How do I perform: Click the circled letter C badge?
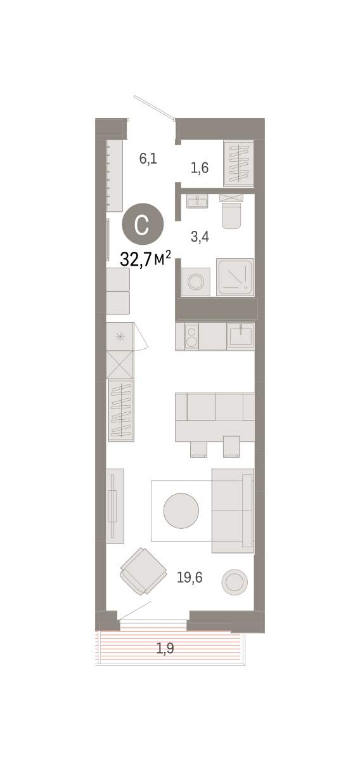(143, 224)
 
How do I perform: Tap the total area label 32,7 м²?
(145, 259)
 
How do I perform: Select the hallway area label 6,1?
(148, 159)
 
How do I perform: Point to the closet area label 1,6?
(200, 168)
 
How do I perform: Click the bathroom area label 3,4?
(200, 237)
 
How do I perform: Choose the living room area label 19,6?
(190, 577)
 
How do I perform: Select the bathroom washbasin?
(196, 202)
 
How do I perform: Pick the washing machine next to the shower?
(196, 282)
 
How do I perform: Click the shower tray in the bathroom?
(235, 277)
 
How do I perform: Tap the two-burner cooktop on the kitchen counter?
(191, 336)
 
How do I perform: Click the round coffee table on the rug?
(181, 511)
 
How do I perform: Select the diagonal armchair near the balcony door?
(143, 571)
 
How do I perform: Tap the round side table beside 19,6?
(235, 582)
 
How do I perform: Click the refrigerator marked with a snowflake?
(120, 336)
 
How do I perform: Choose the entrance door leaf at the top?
(154, 108)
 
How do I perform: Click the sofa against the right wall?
(233, 511)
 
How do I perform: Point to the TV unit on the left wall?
(115, 506)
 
